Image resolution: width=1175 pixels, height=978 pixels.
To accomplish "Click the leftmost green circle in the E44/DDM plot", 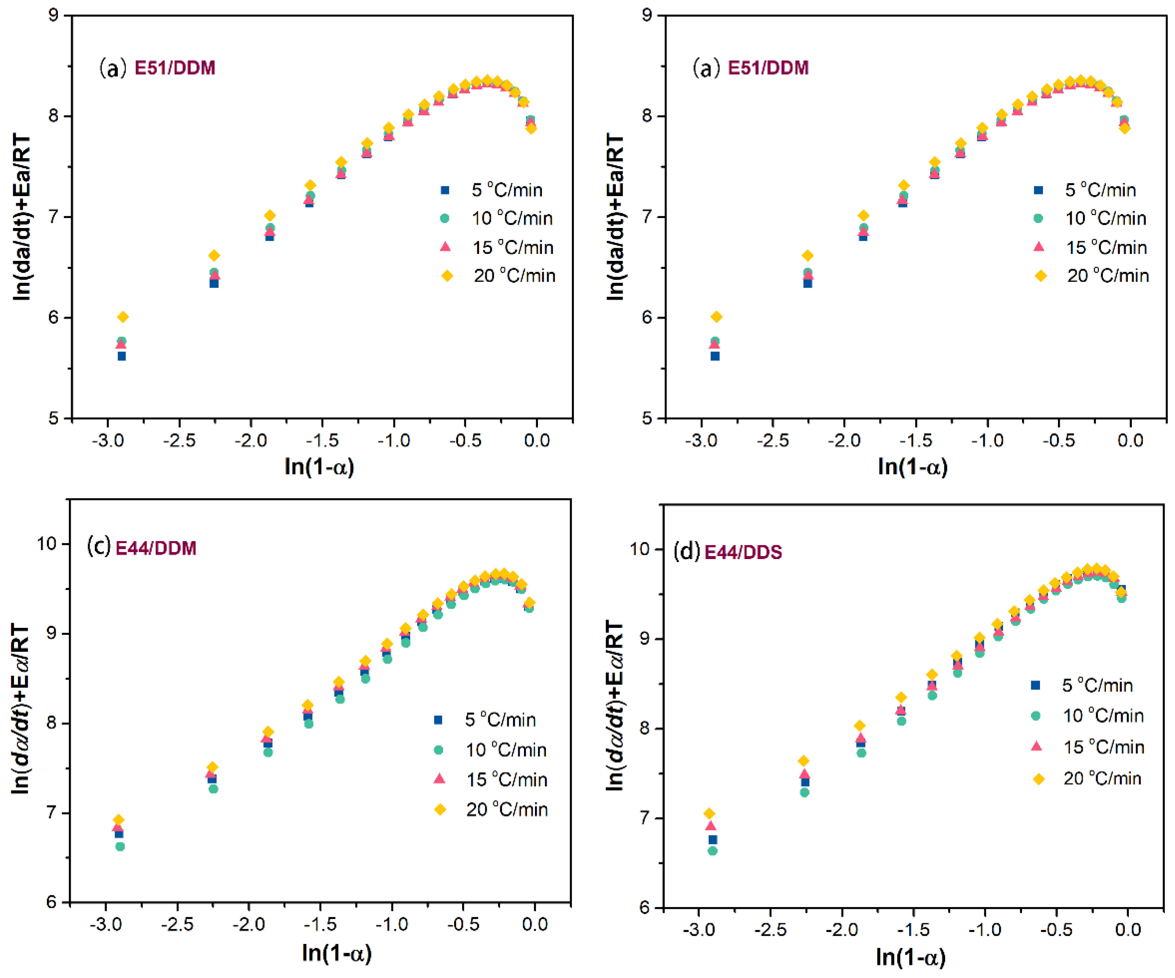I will pos(120,847).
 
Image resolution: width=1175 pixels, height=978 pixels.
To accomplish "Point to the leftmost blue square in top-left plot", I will pos(121,356).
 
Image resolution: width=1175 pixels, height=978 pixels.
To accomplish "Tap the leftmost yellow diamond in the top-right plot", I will pos(716,317).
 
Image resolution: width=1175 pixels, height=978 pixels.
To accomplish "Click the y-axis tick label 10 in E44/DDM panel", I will pos(48,543).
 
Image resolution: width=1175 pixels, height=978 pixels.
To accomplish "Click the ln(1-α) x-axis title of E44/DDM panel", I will pos(336,953).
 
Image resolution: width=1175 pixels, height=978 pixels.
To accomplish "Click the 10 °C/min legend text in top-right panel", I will pos(1105,218).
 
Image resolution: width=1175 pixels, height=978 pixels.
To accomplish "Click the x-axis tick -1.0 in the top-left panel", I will pos(393,440).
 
